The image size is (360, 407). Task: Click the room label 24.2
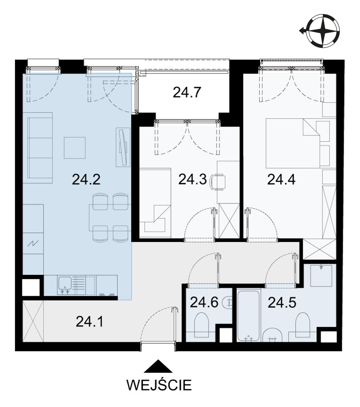coord(86,180)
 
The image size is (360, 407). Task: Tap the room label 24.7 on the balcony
coord(187,92)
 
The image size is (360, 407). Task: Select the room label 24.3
coord(192,180)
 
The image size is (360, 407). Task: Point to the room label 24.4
coord(281,180)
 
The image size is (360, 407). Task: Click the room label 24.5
coord(282,302)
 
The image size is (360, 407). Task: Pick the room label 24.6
coord(204,302)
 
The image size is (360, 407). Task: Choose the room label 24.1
coord(90,322)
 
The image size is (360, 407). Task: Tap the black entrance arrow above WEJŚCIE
coord(158,366)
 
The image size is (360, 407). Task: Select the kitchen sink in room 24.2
coord(65,285)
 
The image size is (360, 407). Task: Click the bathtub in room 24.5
coord(248,316)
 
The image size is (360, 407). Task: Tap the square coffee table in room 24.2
coord(75,148)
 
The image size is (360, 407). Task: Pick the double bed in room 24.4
coord(293,143)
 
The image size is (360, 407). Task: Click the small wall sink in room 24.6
coord(228,302)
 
